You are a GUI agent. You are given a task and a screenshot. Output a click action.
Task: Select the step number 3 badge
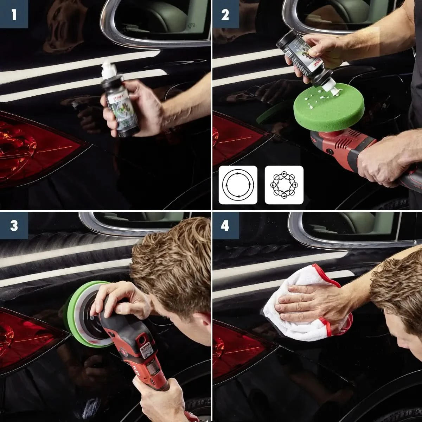(x=14, y=225)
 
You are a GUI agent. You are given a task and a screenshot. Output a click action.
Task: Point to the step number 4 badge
(x=225, y=225)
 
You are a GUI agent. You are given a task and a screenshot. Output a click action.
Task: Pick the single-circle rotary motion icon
(x=238, y=185)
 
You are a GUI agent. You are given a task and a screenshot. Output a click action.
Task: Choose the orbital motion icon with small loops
(x=284, y=185)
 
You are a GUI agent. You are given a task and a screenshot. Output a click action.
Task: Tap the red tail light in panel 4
(x=239, y=348)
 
